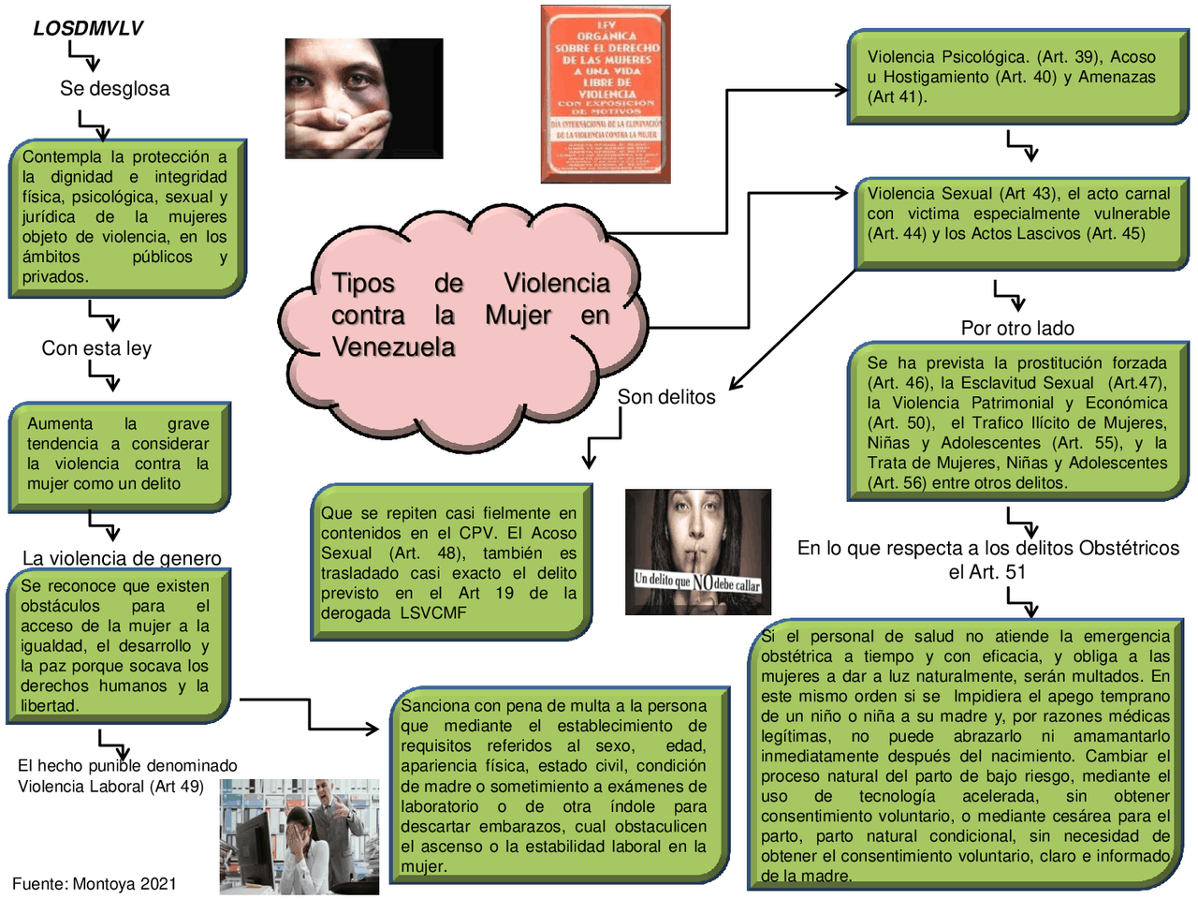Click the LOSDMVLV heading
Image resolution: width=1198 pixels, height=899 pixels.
[x=88, y=28]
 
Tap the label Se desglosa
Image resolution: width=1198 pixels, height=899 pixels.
[x=114, y=89]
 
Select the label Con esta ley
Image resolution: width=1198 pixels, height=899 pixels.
[x=96, y=348]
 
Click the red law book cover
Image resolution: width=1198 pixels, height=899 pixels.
[x=606, y=94]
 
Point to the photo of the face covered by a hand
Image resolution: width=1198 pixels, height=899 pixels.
[x=364, y=98]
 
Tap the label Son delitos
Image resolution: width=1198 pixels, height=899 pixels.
[x=666, y=397]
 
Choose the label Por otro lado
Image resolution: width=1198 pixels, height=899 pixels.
[x=1017, y=329]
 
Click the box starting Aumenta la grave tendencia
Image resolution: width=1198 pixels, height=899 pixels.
[x=118, y=455]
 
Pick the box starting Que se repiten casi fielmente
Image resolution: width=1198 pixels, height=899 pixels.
[x=450, y=562]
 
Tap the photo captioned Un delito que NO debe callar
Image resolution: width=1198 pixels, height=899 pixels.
[x=697, y=552]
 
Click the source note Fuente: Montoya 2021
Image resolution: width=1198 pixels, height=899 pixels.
[x=94, y=884]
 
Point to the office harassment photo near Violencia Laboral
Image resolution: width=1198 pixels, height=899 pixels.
[x=299, y=836]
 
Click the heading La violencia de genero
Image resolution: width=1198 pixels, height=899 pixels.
[x=122, y=558]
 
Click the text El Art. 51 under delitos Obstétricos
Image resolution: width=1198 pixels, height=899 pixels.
[x=987, y=572]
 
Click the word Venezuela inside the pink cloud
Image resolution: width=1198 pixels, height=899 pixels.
[x=393, y=347]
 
